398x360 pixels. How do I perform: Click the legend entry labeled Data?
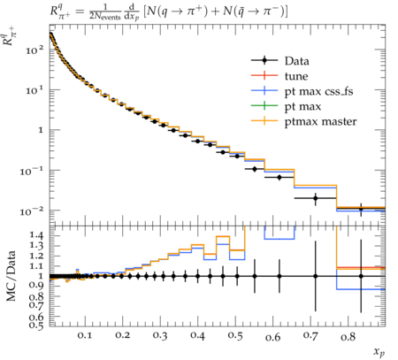coord(297,61)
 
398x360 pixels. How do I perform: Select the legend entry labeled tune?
coord(296,76)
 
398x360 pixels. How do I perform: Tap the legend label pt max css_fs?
coord(318,91)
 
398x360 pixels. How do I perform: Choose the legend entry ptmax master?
coord(321,121)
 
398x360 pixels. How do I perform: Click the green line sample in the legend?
coord(264,105)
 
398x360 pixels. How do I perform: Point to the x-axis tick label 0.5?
coord(235,335)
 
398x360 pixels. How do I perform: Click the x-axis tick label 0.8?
coord(348,335)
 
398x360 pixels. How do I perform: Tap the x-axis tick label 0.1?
coord(85,335)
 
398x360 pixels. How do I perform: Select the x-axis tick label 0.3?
coord(160,335)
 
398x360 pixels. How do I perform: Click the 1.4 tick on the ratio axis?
coord(37,235)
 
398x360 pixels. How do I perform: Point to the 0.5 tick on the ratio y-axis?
coord(37,325)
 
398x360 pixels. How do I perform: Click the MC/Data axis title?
coord(11,276)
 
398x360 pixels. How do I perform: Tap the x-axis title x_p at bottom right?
coord(379,352)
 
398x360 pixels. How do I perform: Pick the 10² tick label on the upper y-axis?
coord(34,50)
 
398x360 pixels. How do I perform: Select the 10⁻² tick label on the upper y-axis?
coord(32,211)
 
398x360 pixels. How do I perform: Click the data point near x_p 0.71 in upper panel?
coord(316,198)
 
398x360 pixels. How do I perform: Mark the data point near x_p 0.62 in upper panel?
coord(279,178)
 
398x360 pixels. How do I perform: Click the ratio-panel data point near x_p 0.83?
coord(361,276)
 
